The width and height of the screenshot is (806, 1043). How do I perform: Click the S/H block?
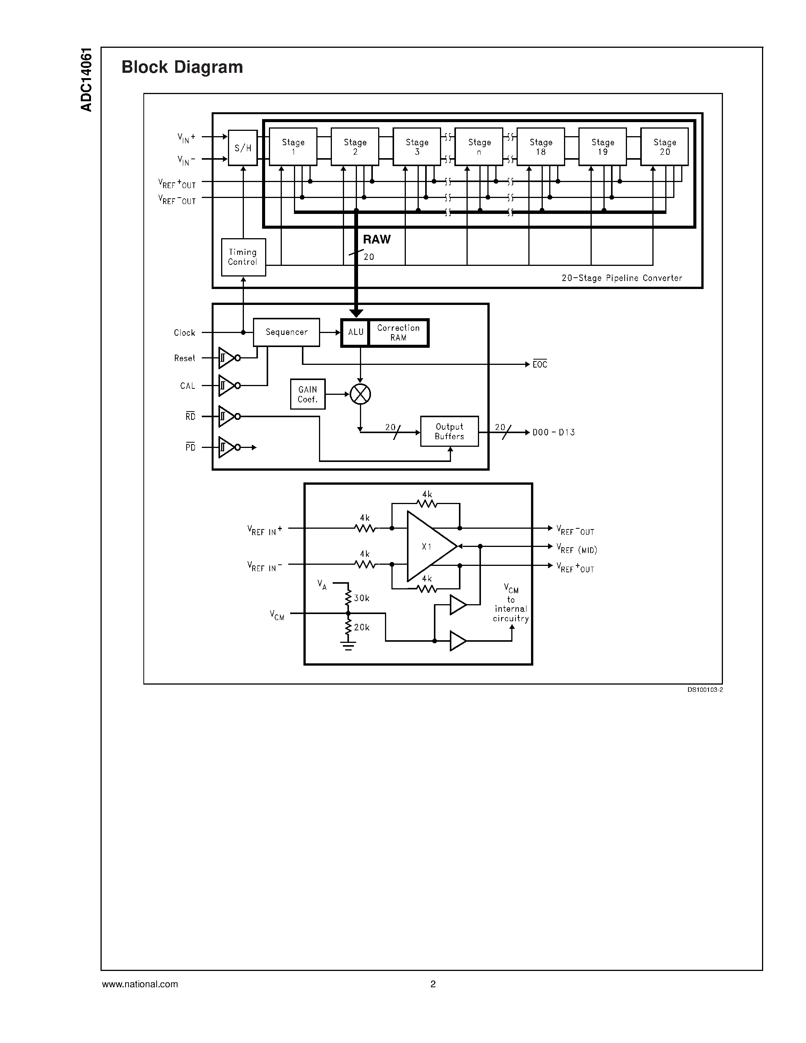[243, 148]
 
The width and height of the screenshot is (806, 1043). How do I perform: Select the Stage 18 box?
[540, 147]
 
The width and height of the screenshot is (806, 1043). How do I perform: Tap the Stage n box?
[479, 147]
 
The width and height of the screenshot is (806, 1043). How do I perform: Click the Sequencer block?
[286, 332]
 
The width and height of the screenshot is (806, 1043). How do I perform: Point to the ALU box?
[355, 332]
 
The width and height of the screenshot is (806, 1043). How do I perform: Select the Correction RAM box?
[398, 332]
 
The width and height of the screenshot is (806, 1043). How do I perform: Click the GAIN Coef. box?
[308, 394]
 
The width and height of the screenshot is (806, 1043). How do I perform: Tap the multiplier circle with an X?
[360, 394]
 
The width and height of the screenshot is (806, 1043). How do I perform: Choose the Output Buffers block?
[449, 431]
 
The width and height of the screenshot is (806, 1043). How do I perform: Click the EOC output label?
[540, 364]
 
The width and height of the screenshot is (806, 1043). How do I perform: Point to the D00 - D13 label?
[553, 432]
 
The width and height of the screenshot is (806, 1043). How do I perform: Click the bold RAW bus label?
[376, 239]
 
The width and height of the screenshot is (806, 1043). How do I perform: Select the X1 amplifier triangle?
[427, 546]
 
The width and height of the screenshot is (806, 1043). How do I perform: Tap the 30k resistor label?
[361, 598]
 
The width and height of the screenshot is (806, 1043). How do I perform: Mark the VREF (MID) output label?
[577, 550]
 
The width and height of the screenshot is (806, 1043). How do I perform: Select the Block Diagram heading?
[182, 67]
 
